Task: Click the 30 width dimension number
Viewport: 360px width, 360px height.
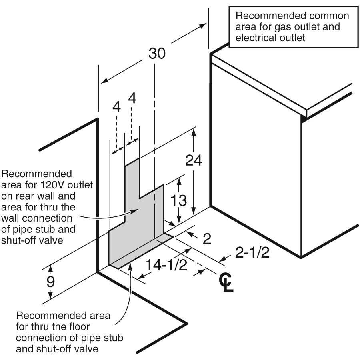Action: pyautogui.click(x=157, y=53)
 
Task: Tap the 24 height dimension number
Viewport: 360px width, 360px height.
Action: pyautogui.click(x=194, y=160)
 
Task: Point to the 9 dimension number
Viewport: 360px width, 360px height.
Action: pyautogui.click(x=50, y=282)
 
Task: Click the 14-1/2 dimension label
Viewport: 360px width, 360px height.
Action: pyautogui.click(x=166, y=265)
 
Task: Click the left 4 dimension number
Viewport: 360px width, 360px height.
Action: pyautogui.click(x=116, y=107)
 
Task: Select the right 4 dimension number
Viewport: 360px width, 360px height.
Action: pyautogui.click(x=132, y=98)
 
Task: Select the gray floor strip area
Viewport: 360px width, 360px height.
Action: pyautogui.click(x=140, y=252)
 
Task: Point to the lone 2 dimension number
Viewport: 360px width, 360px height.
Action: pyautogui.click(x=207, y=239)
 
